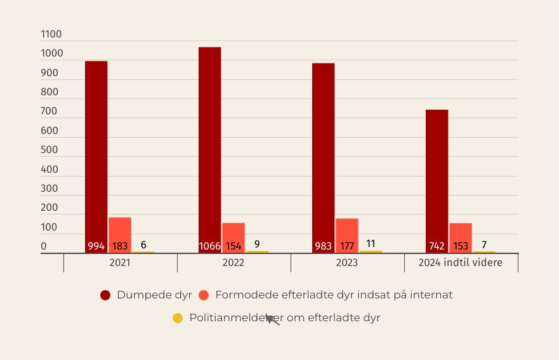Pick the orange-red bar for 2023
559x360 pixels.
(x=346, y=229)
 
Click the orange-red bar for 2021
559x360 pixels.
(x=119, y=229)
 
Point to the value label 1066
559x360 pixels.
(x=209, y=246)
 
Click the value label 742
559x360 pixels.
(x=437, y=246)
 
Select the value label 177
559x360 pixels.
(x=346, y=246)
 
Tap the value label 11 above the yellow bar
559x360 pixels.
(x=371, y=244)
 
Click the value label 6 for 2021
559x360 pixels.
(x=143, y=244)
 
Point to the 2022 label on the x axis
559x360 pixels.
(x=233, y=263)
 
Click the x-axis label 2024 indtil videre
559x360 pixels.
(x=460, y=263)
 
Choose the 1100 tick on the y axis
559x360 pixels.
(x=51, y=34)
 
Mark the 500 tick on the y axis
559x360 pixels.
(x=49, y=150)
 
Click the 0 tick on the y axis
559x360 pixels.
(x=44, y=246)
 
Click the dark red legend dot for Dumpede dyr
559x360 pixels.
(x=105, y=295)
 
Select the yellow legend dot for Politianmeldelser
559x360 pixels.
(x=178, y=318)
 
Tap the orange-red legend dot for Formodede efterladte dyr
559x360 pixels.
(x=204, y=295)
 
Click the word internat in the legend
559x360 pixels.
(x=433, y=295)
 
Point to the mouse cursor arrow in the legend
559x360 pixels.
(x=271, y=319)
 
